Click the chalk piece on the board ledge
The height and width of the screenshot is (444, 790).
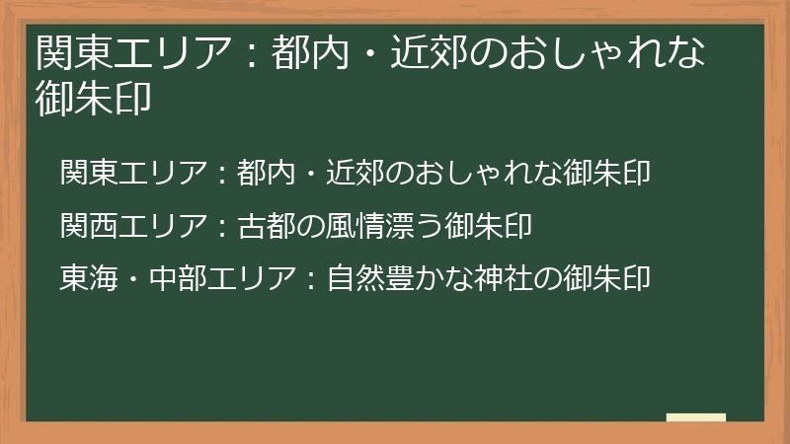point(696,417)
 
